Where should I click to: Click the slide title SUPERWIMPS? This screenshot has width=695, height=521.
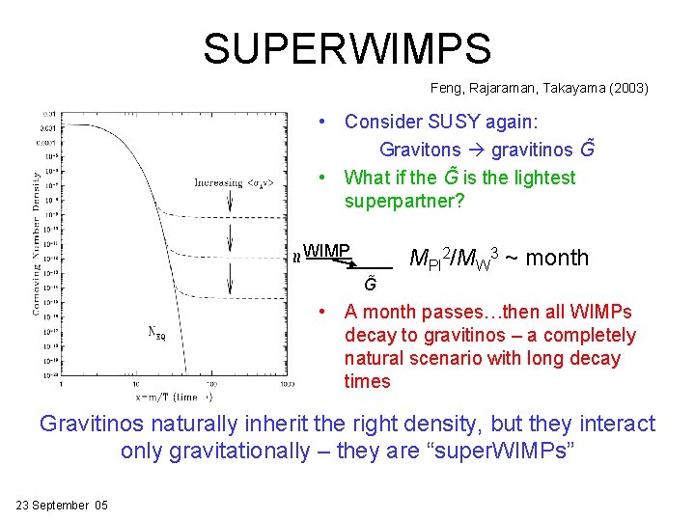point(347,48)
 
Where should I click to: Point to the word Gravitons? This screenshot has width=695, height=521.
point(420,150)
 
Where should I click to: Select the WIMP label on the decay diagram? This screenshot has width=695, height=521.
point(325,251)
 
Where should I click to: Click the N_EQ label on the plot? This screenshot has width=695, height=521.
point(156,333)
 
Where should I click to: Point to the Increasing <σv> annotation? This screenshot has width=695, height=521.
point(239,182)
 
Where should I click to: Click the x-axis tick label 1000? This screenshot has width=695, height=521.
point(287,384)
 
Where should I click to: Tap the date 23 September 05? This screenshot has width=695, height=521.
point(62,506)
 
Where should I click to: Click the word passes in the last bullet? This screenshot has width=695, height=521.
point(454,312)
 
